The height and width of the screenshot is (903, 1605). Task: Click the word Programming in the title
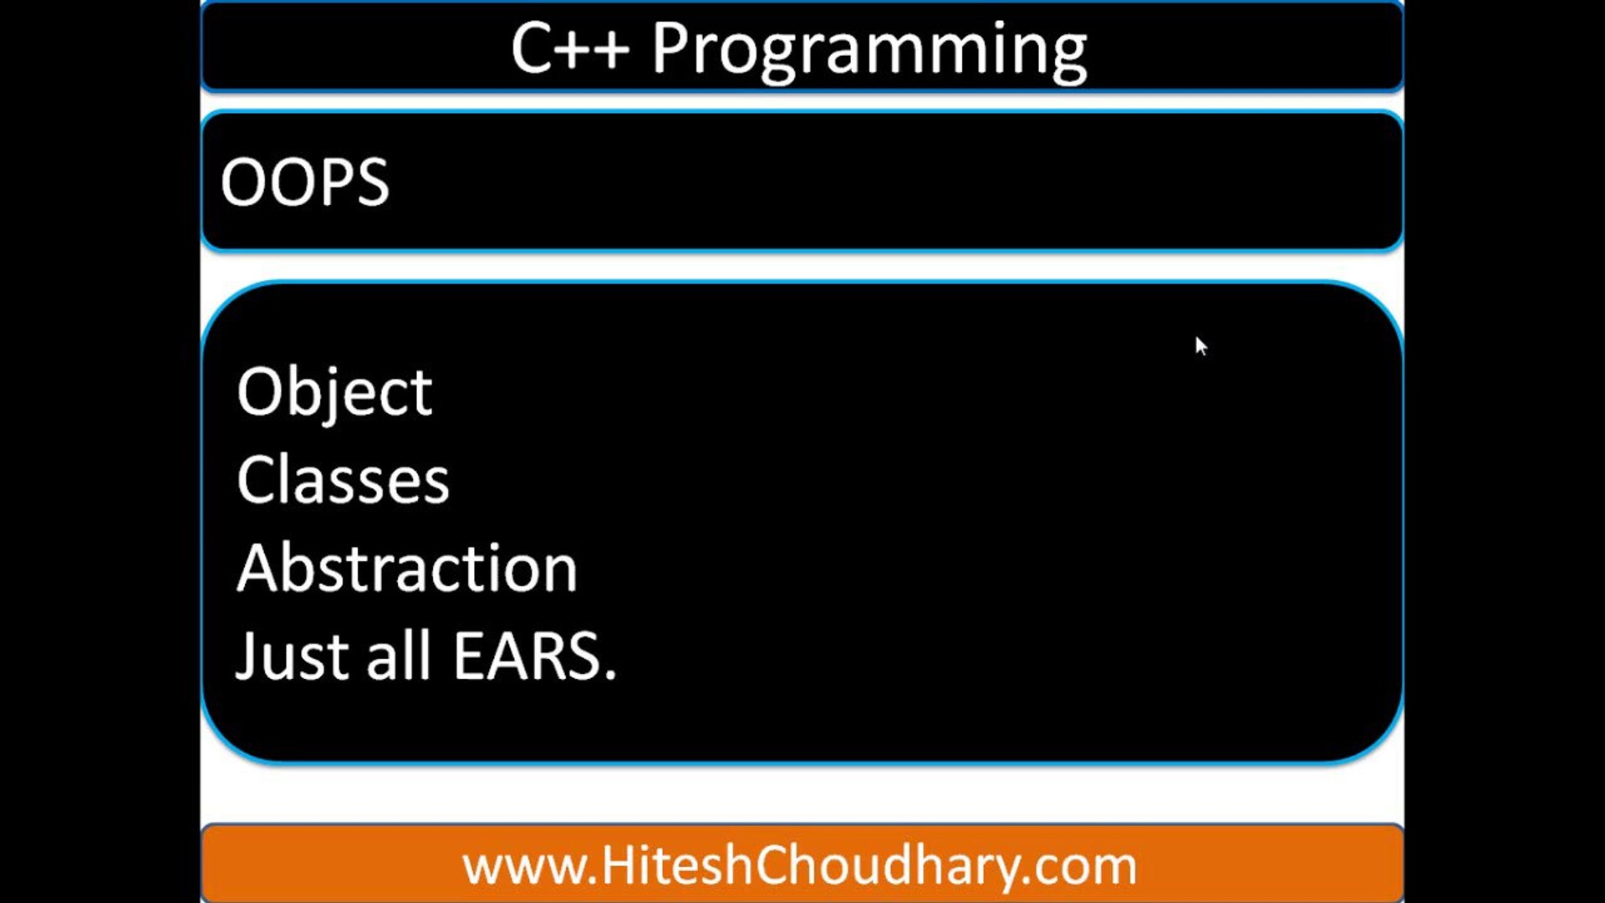pos(869,51)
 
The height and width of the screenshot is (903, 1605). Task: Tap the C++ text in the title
pos(570,48)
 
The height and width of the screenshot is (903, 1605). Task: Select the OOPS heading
pos(305,181)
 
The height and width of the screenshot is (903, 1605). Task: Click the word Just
pos(292,657)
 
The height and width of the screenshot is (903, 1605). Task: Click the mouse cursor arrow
pos(1201,346)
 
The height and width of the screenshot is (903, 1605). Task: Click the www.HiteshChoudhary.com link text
pos(800,866)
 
